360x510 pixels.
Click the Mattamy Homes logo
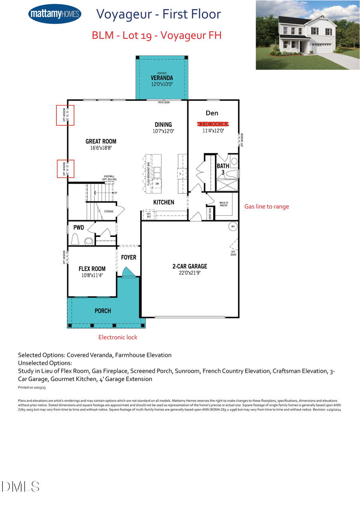coord(55,14)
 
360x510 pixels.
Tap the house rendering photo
coord(308,35)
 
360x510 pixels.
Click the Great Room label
coord(101,141)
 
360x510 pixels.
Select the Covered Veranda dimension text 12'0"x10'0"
coord(162,84)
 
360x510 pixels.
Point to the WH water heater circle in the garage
coord(232,227)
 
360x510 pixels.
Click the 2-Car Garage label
coord(190,266)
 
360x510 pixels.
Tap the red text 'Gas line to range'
coord(266,207)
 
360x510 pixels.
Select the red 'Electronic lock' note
coord(118,337)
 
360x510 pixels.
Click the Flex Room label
coord(92,269)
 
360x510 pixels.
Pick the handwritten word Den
coord(212,113)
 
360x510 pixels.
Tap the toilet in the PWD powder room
coord(75,239)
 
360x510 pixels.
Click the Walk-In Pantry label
coord(223,204)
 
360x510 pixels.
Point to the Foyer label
coord(129,257)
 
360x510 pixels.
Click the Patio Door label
coord(164,102)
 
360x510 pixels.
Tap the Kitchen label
coord(164,202)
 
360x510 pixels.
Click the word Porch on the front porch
coord(103,311)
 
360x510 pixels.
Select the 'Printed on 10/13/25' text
coord(32,388)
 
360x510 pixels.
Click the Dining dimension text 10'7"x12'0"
coord(163,131)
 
